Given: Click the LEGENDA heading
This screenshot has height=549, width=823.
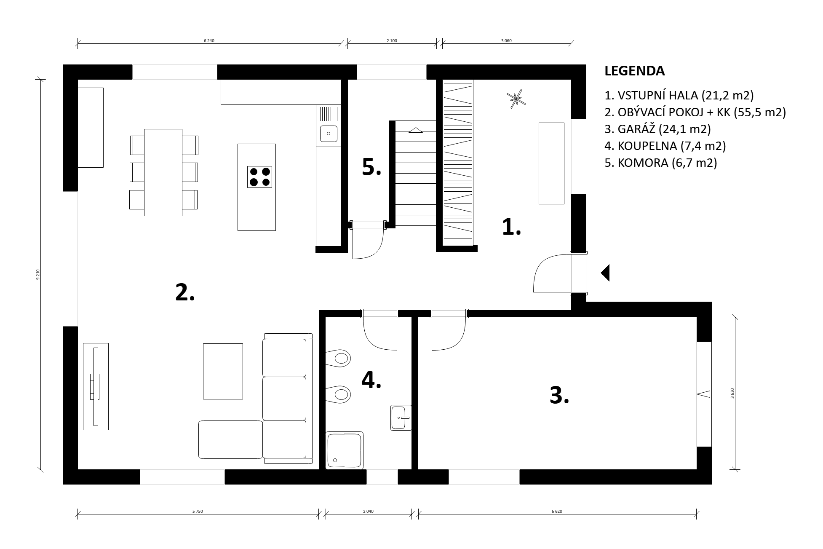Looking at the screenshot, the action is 634,71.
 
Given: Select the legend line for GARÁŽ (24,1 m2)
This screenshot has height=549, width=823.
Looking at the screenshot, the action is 657,129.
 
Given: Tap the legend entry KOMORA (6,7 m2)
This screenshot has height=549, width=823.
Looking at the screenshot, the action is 660,163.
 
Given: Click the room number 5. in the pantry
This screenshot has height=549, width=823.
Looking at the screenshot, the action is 371,167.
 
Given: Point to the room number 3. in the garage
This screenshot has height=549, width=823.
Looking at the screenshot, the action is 559,396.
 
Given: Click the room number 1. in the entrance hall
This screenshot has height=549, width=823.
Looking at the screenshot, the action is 511,227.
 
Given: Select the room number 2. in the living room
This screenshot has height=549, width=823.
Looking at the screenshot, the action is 185,292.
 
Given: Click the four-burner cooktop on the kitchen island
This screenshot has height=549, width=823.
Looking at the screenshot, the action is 259,177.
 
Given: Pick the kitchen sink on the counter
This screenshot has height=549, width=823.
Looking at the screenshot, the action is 329,134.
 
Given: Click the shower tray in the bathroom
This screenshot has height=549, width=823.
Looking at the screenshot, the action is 344,450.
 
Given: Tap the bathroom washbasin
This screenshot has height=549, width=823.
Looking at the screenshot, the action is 401,418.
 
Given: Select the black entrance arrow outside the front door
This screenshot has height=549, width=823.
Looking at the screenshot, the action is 605,273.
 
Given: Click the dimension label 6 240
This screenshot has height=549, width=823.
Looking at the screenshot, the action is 209,41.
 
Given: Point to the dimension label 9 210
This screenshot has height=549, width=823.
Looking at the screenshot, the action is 38,274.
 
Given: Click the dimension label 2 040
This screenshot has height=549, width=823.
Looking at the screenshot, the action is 368,512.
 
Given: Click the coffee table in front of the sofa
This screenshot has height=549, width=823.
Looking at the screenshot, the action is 223,371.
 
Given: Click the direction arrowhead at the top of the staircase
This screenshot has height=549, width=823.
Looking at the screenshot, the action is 416,130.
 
